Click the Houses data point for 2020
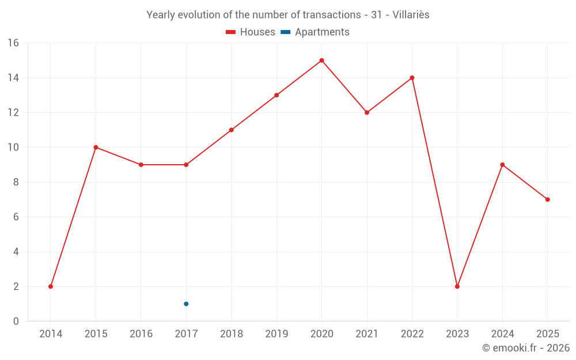pyautogui.click(x=321, y=60)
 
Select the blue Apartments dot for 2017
pyautogui.click(x=186, y=304)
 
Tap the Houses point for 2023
pyautogui.click(x=457, y=286)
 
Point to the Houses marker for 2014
pyautogui.click(x=51, y=286)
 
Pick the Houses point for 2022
pyautogui.click(x=412, y=78)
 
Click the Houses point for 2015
pyautogui.click(x=96, y=147)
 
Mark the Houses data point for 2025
pyautogui.click(x=548, y=199)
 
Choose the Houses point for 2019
pyautogui.click(x=276, y=95)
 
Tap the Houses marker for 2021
pyautogui.click(x=367, y=112)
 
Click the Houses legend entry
pyautogui.click(x=251, y=32)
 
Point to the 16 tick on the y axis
pyautogui.click(x=13, y=43)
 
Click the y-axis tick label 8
pyautogui.click(x=16, y=182)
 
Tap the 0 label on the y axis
pyautogui.click(x=16, y=321)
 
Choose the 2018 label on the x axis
pyautogui.click(x=231, y=334)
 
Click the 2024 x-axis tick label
pyautogui.click(x=502, y=334)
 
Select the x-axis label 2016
pyautogui.click(x=141, y=334)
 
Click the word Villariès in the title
pyautogui.click(x=411, y=15)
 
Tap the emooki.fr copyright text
pyautogui.click(x=525, y=348)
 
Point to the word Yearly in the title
pyautogui.click(x=161, y=15)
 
